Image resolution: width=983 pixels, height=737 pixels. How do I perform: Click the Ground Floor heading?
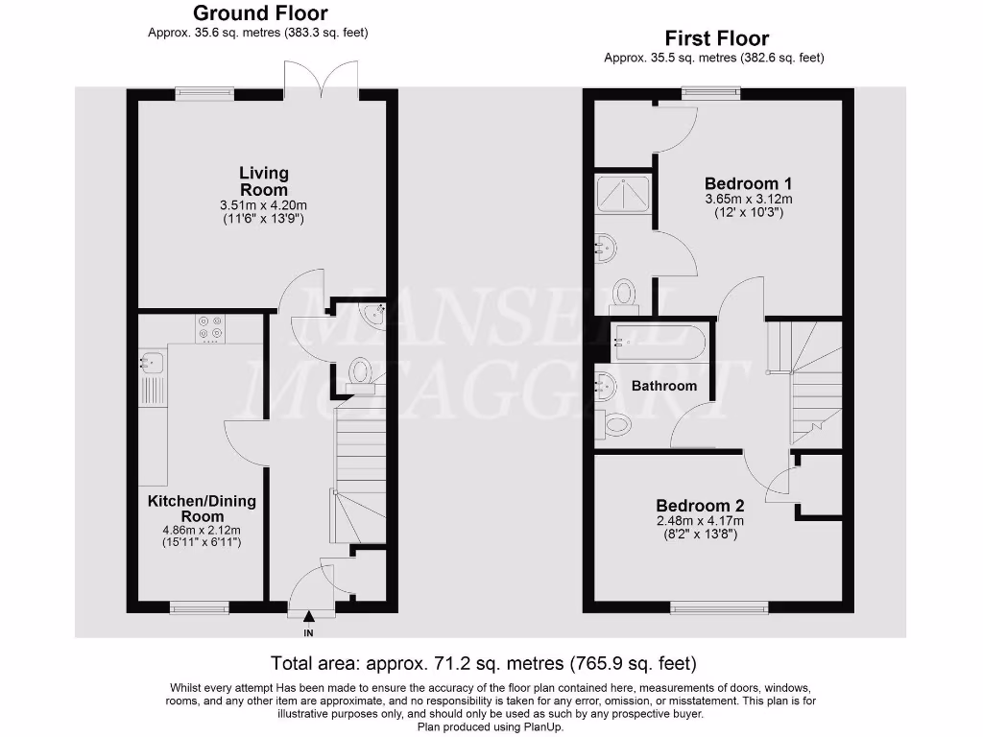(x=260, y=13)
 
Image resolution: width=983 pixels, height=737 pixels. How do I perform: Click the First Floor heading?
(x=717, y=38)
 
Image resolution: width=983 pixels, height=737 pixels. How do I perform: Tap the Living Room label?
(x=264, y=181)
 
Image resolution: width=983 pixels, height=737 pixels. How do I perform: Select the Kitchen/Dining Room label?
(x=202, y=509)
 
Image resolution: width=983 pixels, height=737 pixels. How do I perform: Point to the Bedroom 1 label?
(x=748, y=183)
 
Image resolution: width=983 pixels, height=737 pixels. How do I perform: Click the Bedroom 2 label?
(x=700, y=506)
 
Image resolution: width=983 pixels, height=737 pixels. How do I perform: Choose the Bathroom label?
(x=664, y=386)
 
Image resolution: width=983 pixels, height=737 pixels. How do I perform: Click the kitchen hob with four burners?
(x=209, y=329)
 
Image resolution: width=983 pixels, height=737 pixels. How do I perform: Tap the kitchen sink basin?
(x=153, y=363)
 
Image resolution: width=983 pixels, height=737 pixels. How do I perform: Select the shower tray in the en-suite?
(x=623, y=196)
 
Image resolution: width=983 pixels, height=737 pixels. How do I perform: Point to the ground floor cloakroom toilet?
(x=361, y=372)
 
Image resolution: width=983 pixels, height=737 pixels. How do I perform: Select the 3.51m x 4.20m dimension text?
(x=264, y=204)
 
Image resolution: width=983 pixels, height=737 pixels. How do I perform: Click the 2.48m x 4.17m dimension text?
(x=700, y=521)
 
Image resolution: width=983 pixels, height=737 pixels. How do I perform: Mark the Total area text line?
(x=483, y=663)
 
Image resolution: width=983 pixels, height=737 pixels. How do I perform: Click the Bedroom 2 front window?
(x=719, y=606)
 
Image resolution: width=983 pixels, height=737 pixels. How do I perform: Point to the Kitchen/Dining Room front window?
(x=200, y=606)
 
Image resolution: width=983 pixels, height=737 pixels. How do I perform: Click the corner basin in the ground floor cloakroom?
(x=372, y=312)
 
